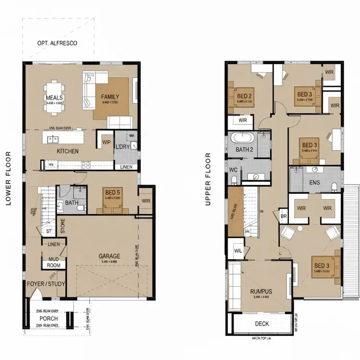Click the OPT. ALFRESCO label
coord(57,44)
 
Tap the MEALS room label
coord(55,97)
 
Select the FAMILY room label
coord(110,97)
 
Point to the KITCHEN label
coord(68,151)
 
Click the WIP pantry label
coord(106,142)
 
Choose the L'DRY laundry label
coord(122,147)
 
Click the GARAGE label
coord(109,256)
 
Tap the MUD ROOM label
coord(53,262)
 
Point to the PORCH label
coord(48,318)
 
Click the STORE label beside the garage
coord(62,226)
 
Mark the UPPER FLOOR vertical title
coord(208,179)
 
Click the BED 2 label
coord(244,96)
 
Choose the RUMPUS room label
coord(261,291)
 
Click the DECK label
coord(262,324)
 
